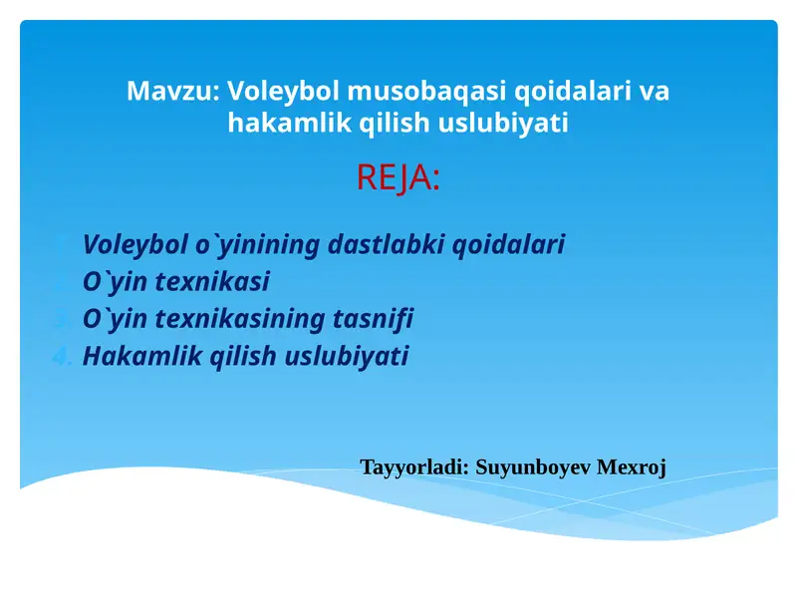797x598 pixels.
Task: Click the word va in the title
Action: [654, 91]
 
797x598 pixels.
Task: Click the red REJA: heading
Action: [398, 178]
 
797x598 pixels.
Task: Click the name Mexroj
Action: [631, 466]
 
